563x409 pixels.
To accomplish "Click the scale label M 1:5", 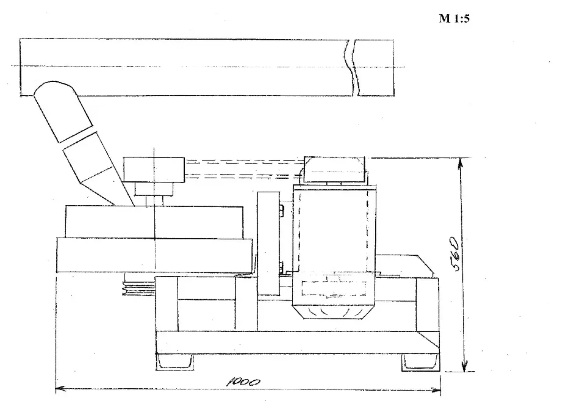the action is click(x=454, y=18).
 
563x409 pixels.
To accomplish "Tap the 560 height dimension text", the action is click(x=454, y=254).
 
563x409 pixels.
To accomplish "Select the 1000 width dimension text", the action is click(x=243, y=382).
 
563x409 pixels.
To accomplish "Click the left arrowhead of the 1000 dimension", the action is click(x=60, y=388).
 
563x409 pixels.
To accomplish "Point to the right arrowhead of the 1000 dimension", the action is click(x=436, y=390).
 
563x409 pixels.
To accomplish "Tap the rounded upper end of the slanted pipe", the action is click(x=53, y=89).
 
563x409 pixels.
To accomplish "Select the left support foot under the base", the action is click(x=174, y=361).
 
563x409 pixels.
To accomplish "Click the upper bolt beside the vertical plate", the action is click(x=282, y=210).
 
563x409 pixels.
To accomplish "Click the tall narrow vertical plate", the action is click(x=268, y=244).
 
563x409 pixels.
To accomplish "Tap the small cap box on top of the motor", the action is click(x=334, y=169).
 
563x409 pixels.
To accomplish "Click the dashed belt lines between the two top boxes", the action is click(x=244, y=168).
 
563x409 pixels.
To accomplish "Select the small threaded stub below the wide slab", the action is click(x=139, y=286).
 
